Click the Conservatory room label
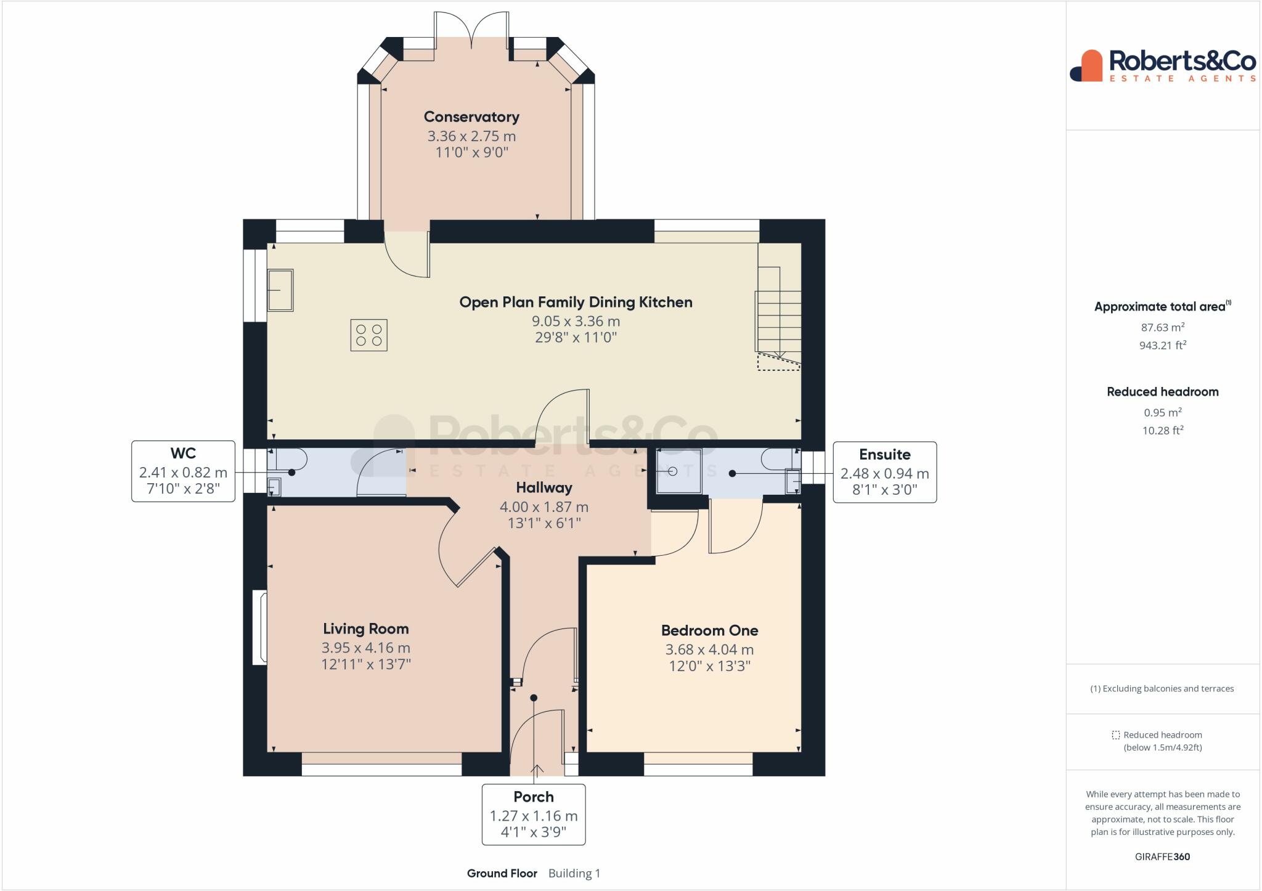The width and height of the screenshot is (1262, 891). tap(471, 117)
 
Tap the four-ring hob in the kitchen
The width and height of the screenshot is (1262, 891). tap(368, 335)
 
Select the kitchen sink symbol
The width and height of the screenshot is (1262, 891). tap(280, 290)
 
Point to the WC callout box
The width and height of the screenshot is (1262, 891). tap(183, 471)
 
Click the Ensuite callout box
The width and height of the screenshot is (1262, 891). tap(884, 472)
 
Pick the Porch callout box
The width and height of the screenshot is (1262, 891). tap(533, 814)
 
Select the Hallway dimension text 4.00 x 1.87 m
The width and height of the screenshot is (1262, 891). tap(543, 507)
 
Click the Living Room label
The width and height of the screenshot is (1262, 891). tap(365, 629)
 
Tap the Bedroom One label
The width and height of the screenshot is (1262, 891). tap(709, 630)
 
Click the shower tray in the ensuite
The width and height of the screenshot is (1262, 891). tap(678, 471)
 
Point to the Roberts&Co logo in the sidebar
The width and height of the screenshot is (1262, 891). tap(1162, 65)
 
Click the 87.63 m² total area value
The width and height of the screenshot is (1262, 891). tap(1162, 327)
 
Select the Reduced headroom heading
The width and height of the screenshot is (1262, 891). tap(1162, 392)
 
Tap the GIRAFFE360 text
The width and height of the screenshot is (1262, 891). tap(1162, 856)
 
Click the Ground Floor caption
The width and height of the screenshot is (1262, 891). tap(502, 873)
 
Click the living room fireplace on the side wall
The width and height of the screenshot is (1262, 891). tap(259, 628)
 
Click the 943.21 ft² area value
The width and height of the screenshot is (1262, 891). tap(1162, 345)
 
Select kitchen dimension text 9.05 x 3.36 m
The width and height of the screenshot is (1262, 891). tap(576, 321)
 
